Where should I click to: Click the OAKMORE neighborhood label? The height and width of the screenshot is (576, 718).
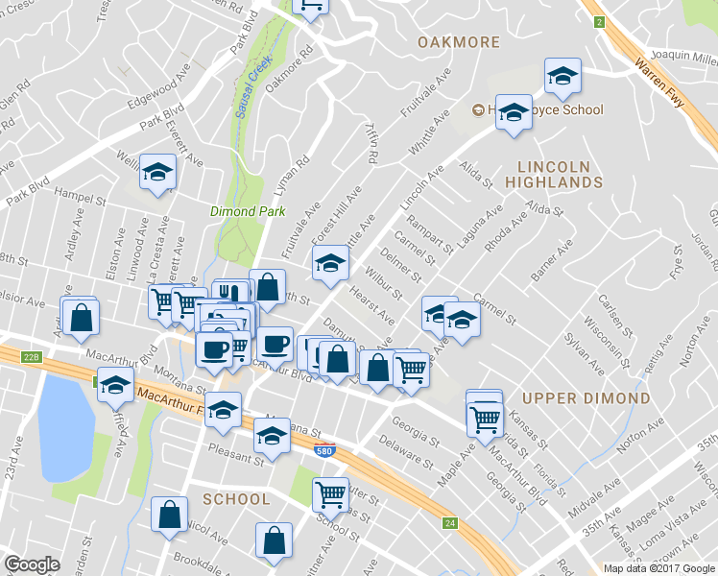coord(458,42)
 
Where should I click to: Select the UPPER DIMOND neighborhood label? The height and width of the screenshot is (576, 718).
coord(586,397)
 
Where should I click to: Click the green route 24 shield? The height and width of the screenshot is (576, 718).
coord(450,523)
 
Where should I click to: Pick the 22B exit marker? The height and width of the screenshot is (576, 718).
coord(32,357)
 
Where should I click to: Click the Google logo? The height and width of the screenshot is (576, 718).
coord(32,564)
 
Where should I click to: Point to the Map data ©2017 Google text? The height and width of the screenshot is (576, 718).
coord(658,568)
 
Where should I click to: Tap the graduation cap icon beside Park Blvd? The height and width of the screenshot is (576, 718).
coord(157,173)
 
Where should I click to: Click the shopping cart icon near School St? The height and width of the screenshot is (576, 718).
coord(330,494)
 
